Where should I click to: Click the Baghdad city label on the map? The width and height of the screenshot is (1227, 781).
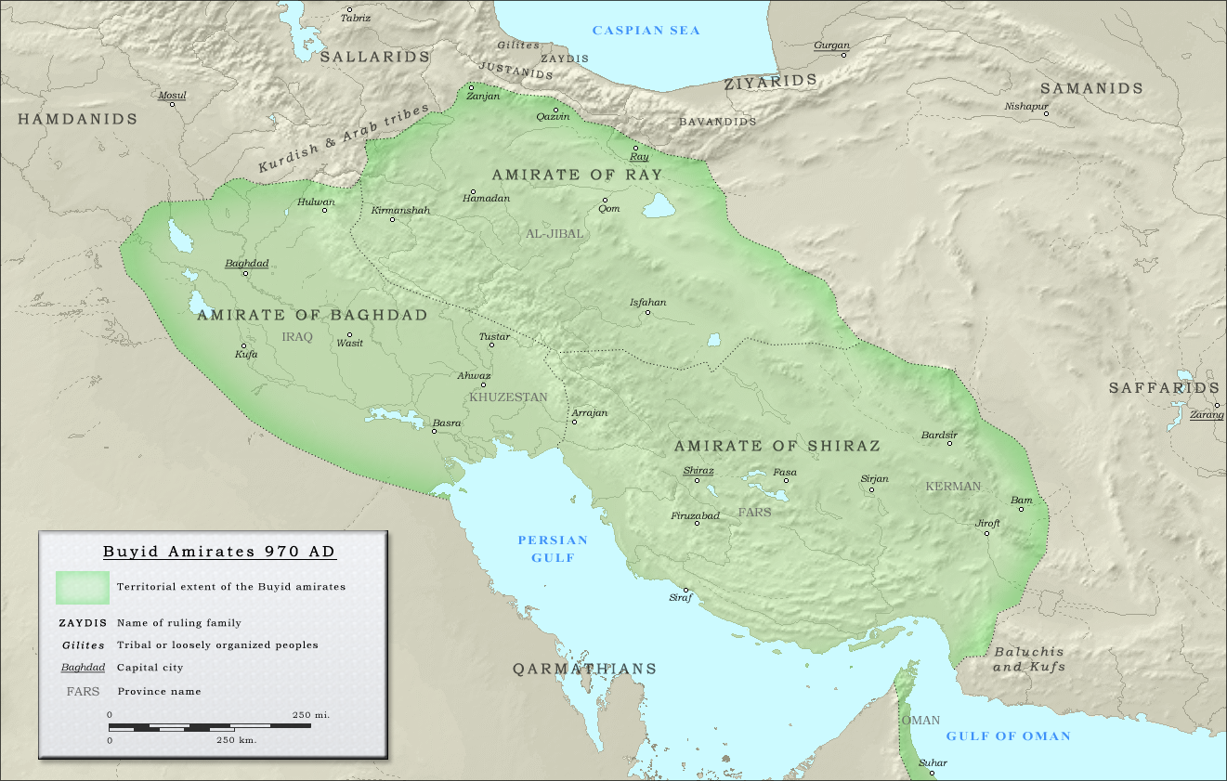pyautogui.click(x=246, y=264)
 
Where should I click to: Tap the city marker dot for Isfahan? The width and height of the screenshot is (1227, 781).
pyautogui.click(x=647, y=313)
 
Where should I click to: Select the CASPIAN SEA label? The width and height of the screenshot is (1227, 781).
pyautogui.click(x=646, y=31)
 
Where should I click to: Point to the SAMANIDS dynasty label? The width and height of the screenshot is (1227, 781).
pyautogui.click(x=1090, y=88)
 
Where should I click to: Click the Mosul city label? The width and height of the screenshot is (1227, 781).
pyautogui.click(x=172, y=96)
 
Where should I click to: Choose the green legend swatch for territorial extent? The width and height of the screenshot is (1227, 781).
pyautogui.click(x=82, y=587)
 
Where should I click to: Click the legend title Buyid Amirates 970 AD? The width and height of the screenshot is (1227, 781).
pyautogui.click(x=219, y=552)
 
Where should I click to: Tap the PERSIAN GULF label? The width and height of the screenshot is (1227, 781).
pyautogui.click(x=553, y=549)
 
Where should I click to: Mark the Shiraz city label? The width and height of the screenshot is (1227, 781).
pyautogui.click(x=698, y=471)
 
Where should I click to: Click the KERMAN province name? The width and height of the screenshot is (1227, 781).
pyautogui.click(x=953, y=487)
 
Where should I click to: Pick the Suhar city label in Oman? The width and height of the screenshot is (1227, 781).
pyautogui.click(x=933, y=763)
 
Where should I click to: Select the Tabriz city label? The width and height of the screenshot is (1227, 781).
pyautogui.click(x=355, y=18)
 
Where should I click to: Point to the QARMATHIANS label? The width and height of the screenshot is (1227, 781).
pyautogui.click(x=585, y=669)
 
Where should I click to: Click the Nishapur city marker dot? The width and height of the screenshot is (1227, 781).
pyautogui.click(x=1046, y=113)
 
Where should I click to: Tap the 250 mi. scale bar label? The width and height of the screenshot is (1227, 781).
pyautogui.click(x=311, y=715)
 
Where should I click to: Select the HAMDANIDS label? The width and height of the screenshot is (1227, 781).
pyautogui.click(x=77, y=119)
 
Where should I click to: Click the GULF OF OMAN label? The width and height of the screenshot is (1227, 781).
pyautogui.click(x=1008, y=736)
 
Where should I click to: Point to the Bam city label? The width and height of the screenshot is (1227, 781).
pyautogui.click(x=1021, y=501)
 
